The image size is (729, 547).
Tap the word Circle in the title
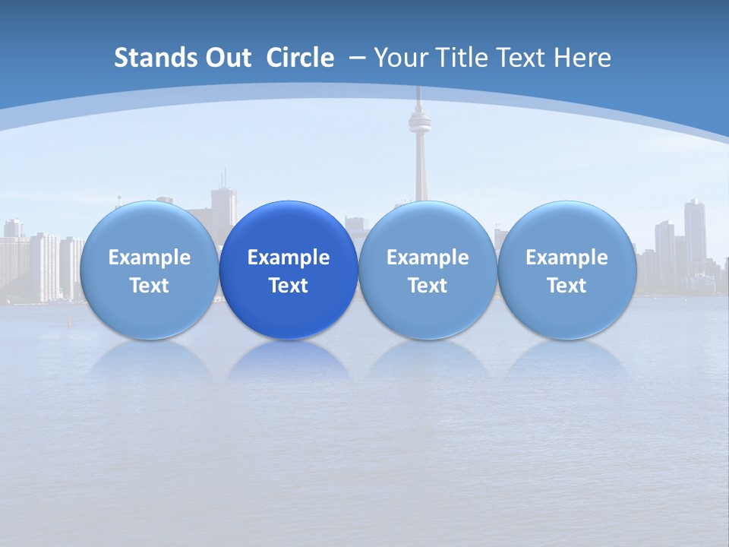coord(300,58)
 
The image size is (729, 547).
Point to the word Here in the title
coord(584,58)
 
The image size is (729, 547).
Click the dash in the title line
coord(356,58)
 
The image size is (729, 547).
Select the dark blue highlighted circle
coord(289,270)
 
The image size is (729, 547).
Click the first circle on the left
coord(149,270)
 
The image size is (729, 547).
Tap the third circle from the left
coord(428,270)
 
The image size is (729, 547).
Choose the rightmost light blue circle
coord(567,270)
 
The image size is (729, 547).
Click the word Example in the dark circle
coord(289,258)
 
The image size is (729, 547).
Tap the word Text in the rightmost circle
coord(566,286)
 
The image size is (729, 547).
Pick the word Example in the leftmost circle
coord(149,258)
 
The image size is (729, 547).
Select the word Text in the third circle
coord(428,286)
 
